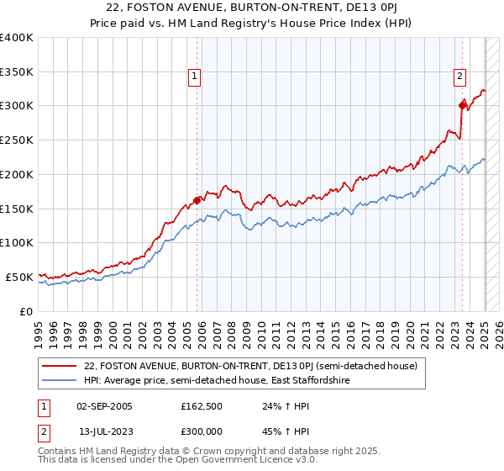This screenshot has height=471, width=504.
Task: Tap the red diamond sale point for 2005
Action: [x=197, y=200]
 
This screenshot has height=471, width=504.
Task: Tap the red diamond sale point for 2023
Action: [x=462, y=105]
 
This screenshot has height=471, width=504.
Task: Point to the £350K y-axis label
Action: [x=17, y=71]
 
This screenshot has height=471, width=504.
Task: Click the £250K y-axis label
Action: [x=17, y=140]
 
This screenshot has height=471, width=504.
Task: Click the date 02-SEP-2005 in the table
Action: [x=104, y=406]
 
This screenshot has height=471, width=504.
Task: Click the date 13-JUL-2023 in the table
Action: [x=104, y=430]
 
